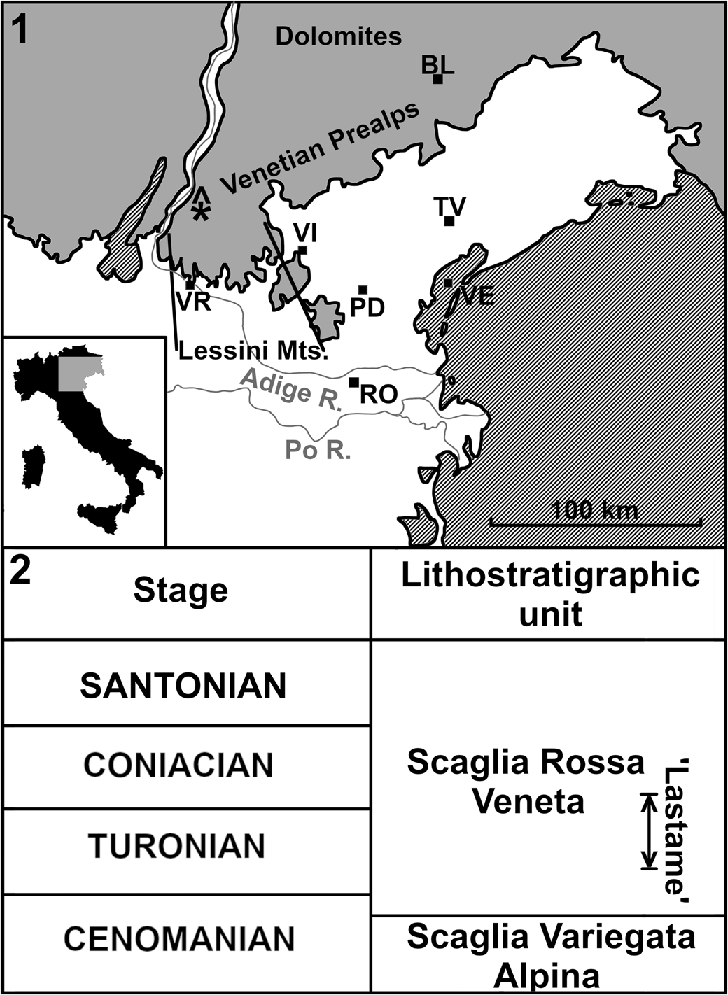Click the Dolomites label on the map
(x=339, y=36)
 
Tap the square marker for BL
(x=437, y=79)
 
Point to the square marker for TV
(x=449, y=222)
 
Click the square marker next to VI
(x=302, y=250)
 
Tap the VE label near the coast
(x=477, y=296)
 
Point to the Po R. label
(x=318, y=449)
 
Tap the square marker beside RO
(x=354, y=381)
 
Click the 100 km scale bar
(x=596, y=521)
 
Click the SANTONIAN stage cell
(x=183, y=686)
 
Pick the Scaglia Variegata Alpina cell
(x=551, y=954)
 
